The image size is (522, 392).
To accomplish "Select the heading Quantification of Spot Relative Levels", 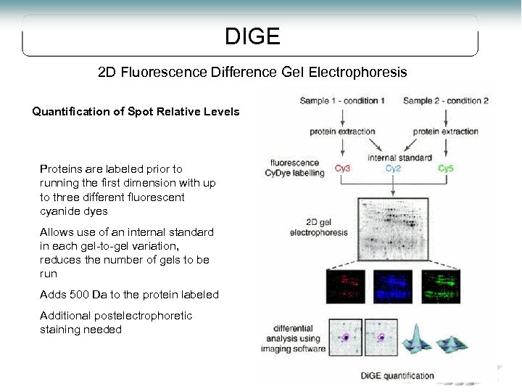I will click(x=136, y=112).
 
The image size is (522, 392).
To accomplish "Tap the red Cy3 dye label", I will click(x=343, y=168).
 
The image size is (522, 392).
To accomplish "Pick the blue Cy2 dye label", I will click(x=393, y=168).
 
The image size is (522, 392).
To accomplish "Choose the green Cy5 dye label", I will click(x=446, y=168).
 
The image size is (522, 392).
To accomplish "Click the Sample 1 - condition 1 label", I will click(x=342, y=100).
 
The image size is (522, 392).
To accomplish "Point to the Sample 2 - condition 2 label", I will click(x=445, y=100).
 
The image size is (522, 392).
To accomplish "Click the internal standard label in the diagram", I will click(x=399, y=157).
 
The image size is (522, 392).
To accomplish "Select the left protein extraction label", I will click(x=342, y=131).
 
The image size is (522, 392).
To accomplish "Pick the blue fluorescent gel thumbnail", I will click(x=393, y=287).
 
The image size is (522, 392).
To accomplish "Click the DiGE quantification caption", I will click(x=397, y=376).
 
